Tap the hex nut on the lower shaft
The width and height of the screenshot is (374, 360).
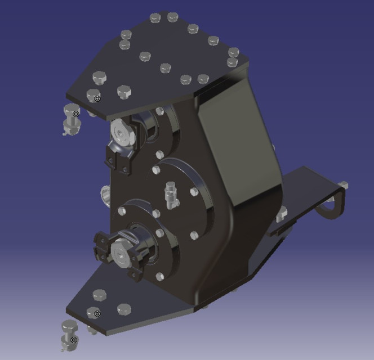coord(121,251)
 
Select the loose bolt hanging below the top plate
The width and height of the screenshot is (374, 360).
coord(72,118)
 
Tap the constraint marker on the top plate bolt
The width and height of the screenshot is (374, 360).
coord(97,99)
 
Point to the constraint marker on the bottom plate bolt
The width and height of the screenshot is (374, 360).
coord(97,313)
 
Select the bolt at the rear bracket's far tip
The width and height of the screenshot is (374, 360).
coord(342,185)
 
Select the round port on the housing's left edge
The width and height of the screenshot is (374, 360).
coord(104,196)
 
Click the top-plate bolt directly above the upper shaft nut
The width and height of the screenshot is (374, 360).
coord(123,90)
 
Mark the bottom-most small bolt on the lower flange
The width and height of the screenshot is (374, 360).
coord(159,276)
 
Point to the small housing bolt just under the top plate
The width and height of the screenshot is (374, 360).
coord(161,111)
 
